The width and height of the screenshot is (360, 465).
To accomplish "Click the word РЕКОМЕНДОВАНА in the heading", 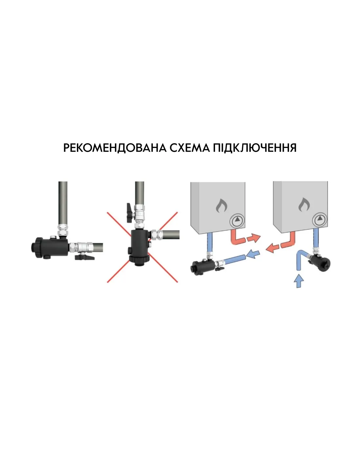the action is coord(115,148).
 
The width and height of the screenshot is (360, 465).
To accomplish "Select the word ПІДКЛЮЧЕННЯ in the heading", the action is coord(255,148).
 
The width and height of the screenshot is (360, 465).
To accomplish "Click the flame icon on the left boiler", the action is coord(222,205).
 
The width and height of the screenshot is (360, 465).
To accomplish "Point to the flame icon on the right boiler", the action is coord(304,205).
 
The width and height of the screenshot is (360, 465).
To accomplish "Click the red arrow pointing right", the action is coord(254,238).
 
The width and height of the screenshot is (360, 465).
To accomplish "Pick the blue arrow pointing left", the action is coord(253,254).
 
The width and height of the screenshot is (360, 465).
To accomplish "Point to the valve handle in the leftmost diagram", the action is coord(84,257).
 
